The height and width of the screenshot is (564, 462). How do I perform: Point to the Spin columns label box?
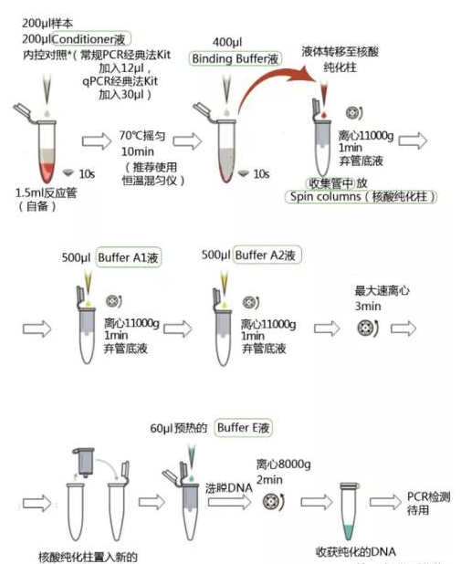click(362, 197)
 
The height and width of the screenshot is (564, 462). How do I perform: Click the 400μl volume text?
click(227, 41)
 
